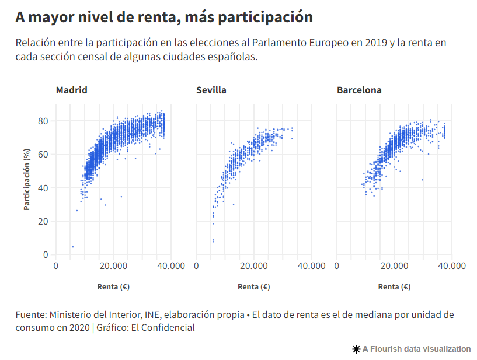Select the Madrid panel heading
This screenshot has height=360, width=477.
[72, 90]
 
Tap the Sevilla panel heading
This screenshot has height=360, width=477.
[211, 90]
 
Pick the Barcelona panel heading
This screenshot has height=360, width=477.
[359, 90]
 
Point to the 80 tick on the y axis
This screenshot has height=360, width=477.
[43, 121]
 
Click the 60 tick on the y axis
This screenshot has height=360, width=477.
[43, 154]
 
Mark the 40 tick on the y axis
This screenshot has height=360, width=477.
[43, 188]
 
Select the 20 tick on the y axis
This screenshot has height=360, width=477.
[43, 221]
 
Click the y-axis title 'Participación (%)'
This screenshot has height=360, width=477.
[27, 179]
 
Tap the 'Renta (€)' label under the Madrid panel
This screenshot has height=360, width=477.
[113, 286]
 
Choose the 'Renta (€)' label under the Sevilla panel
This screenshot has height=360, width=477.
[254, 286]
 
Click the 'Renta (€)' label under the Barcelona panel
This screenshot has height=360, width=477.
[394, 286]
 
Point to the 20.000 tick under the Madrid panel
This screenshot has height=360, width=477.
[113, 266]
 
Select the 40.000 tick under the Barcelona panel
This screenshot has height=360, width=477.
[451, 266]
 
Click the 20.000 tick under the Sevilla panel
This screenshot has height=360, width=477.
[254, 266]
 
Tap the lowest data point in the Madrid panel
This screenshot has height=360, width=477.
[73, 247]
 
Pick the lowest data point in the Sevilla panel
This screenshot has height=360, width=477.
[213, 241]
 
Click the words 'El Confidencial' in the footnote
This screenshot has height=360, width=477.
[163, 328]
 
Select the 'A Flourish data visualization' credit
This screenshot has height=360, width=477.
[412, 349]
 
